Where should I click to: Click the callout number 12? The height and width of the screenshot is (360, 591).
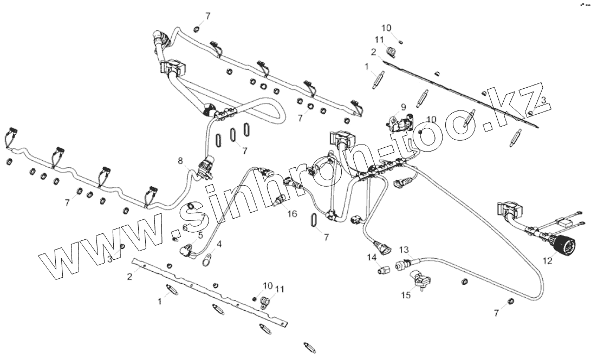(548, 260)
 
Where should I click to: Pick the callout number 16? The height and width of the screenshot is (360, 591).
(292, 214)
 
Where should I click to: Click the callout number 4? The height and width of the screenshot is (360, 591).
(219, 244)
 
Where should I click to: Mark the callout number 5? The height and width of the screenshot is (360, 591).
(200, 235)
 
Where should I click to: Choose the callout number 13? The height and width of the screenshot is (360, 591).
(404, 249)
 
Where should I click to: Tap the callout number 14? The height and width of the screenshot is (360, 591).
(373, 257)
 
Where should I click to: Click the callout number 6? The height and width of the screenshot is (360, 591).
(184, 227)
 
